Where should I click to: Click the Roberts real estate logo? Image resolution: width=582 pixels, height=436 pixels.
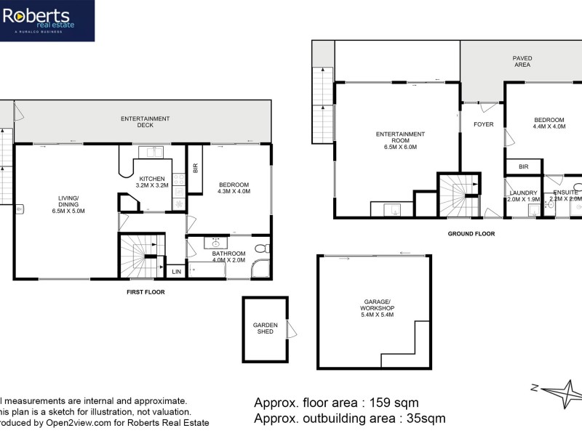tap(47, 20)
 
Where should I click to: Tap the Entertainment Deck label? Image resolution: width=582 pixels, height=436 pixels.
tap(145, 122)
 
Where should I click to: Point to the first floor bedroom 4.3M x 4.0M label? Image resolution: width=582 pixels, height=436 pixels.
tap(234, 188)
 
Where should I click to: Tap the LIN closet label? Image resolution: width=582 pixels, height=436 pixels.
tap(175, 272)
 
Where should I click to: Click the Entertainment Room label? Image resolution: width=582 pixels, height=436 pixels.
tap(400, 140)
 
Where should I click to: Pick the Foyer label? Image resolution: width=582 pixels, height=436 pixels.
tap(483, 124)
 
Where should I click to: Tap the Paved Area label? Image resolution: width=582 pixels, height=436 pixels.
tap(522, 61)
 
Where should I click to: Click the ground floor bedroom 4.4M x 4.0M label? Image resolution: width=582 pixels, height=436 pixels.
tap(549, 123)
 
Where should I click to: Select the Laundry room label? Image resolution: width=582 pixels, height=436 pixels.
tap(523, 195)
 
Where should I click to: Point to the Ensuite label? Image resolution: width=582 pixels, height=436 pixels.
tap(565, 195)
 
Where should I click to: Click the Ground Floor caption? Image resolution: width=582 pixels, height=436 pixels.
tap(471, 234)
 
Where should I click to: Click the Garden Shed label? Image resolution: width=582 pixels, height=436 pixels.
tap(265, 329)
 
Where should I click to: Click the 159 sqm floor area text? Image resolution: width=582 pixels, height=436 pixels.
tap(336, 402)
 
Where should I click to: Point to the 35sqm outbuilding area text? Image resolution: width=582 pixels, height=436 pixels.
tap(349, 419)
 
